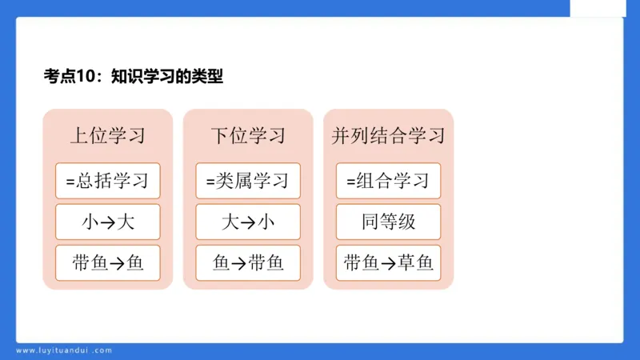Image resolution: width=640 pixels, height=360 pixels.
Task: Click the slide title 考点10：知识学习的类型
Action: click(x=134, y=77)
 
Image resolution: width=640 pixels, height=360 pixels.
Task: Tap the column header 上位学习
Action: click(x=108, y=135)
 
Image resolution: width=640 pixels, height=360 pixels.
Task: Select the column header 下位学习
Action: click(x=248, y=135)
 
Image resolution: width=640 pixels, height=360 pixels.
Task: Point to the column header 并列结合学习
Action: click(x=388, y=135)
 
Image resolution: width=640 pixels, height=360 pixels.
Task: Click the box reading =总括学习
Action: click(x=108, y=181)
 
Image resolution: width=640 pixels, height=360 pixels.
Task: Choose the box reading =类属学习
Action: click(x=248, y=181)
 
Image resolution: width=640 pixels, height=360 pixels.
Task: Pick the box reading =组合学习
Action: click(x=388, y=181)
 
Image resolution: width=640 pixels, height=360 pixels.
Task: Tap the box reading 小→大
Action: click(x=108, y=222)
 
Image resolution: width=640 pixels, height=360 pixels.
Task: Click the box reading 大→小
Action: click(x=248, y=222)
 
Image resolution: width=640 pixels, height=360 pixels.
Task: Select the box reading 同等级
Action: click(x=388, y=222)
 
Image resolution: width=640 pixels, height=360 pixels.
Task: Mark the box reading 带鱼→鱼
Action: click(x=108, y=262)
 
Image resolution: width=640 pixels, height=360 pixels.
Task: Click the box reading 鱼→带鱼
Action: click(x=248, y=262)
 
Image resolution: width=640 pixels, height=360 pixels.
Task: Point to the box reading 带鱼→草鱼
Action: click(x=388, y=262)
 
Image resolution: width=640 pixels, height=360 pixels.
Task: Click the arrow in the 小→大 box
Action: click(x=108, y=222)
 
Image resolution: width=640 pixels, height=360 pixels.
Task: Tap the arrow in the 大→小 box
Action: click(x=248, y=222)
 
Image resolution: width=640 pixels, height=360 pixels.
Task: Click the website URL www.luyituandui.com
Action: click(x=64, y=350)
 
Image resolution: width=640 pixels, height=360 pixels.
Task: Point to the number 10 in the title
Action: click(x=86, y=77)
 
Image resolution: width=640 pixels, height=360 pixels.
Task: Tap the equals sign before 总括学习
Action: click(x=70, y=182)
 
